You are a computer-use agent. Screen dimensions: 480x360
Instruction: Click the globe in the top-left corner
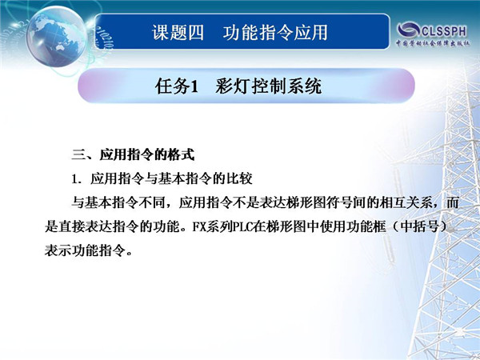tap(57, 37)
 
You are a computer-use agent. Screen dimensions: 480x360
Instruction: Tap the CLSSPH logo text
tap(444, 31)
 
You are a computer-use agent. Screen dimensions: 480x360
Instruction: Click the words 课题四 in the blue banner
tap(178, 33)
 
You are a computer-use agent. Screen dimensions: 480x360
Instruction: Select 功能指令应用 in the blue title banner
tap(275, 33)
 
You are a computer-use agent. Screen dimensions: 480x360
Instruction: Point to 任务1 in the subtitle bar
tap(177, 86)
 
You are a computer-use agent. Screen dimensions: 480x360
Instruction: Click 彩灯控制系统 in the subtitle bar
tap(269, 86)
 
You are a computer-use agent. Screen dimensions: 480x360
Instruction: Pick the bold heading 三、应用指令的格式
tap(133, 154)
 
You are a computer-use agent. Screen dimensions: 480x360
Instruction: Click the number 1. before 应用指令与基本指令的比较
tap(77, 179)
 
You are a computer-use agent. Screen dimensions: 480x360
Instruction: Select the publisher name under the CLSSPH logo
tap(432, 43)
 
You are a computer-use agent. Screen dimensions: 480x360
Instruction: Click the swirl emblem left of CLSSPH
tap(408, 30)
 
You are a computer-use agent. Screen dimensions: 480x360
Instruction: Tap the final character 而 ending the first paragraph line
tap(452, 202)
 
